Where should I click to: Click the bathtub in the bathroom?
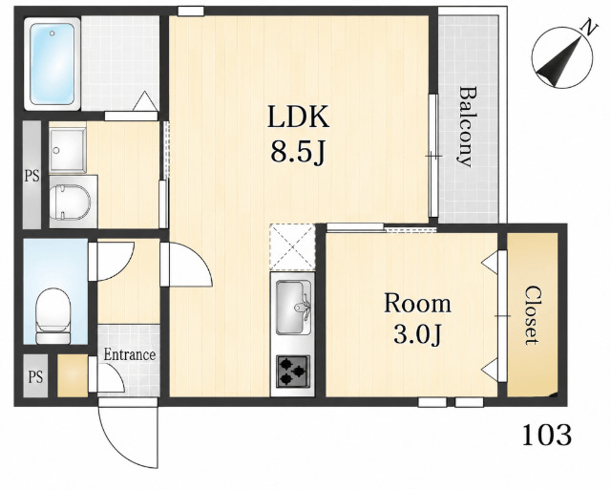tap(53, 64)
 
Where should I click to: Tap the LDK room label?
tap(298, 117)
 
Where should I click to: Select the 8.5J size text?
tap(298, 152)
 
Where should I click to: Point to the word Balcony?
tap(467, 126)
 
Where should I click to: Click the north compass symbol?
tap(562, 57)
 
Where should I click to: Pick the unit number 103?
tap(547, 435)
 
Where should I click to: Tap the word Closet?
tap(533, 315)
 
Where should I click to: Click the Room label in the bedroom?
tap(417, 304)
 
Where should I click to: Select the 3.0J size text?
tap(417, 335)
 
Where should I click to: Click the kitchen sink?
tap(292, 307)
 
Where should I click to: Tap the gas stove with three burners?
tap(293, 372)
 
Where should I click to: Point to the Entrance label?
tap(130, 354)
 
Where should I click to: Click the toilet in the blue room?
tap(53, 316)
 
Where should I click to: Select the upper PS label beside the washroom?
tap(32, 176)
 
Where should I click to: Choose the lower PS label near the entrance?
tap(35, 377)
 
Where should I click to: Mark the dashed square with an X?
tap(292, 247)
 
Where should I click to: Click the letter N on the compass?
tap(590, 29)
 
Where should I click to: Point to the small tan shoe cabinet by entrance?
tap(73, 375)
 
